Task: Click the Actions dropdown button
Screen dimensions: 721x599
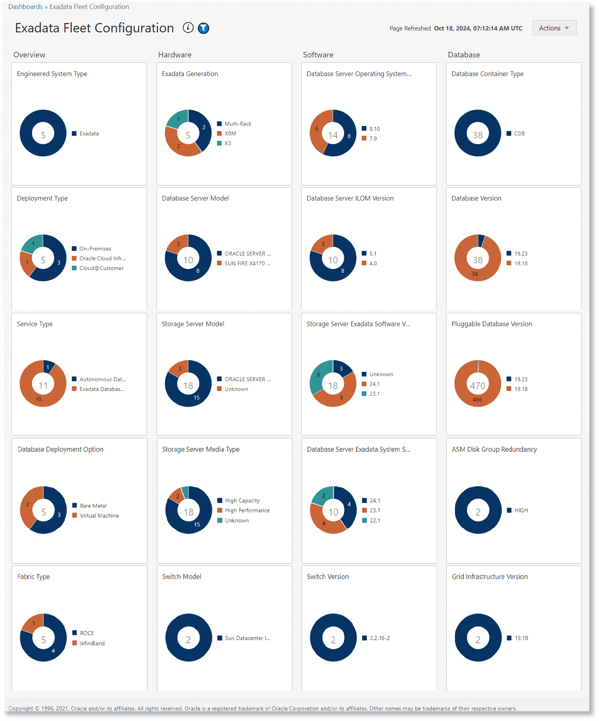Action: point(554,28)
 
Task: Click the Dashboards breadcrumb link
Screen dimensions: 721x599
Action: point(25,7)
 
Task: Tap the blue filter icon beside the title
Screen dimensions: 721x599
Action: point(203,28)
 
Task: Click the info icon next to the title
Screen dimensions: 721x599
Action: point(188,28)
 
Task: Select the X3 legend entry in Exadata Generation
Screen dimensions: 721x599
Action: point(228,143)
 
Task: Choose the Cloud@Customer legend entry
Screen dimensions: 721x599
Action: point(101,268)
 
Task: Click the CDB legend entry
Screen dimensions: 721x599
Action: point(519,133)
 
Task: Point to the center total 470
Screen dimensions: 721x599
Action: point(478,385)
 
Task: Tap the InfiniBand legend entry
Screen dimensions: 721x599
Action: point(92,643)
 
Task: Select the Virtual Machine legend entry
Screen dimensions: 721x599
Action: point(99,515)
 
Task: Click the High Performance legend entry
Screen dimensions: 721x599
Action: point(247,510)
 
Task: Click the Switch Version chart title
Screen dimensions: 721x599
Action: point(328,577)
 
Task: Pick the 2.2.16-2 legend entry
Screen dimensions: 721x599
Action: point(379,638)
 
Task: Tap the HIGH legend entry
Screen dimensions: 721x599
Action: point(521,510)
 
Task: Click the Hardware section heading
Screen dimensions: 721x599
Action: point(175,55)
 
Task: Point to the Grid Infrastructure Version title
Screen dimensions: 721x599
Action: point(490,577)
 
